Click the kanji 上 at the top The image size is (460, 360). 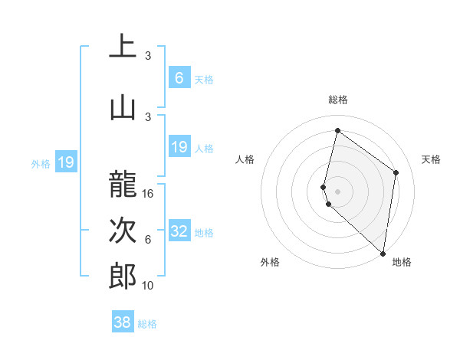click(x=123, y=47)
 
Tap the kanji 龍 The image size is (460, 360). click(x=123, y=185)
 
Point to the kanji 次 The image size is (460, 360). click(x=123, y=231)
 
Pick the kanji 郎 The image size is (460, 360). click(x=123, y=276)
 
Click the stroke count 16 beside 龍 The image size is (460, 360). click(x=149, y=194)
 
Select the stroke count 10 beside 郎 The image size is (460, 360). click(x=149, y=285)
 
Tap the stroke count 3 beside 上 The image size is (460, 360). click(x=148, y=56)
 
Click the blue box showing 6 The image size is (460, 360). click(x=179, y=78)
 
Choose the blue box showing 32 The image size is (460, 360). click(x=179, y=231)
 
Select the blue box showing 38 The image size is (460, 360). click(x=122, y=322)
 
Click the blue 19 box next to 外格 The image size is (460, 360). click(x=66, y=162)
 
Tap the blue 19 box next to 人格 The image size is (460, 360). click(x=179, y=147)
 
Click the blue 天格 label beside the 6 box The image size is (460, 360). click(x=204, y=79)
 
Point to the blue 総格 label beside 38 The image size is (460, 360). click(x=147, y=324)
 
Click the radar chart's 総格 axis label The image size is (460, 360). click(x=338, y=100)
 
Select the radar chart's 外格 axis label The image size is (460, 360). click(x=270, y=262)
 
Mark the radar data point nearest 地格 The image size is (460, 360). click(x=383, y=253)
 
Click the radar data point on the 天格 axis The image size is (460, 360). click(x=396, y=172)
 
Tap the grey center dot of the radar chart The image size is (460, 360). click(x=338, y=190)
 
